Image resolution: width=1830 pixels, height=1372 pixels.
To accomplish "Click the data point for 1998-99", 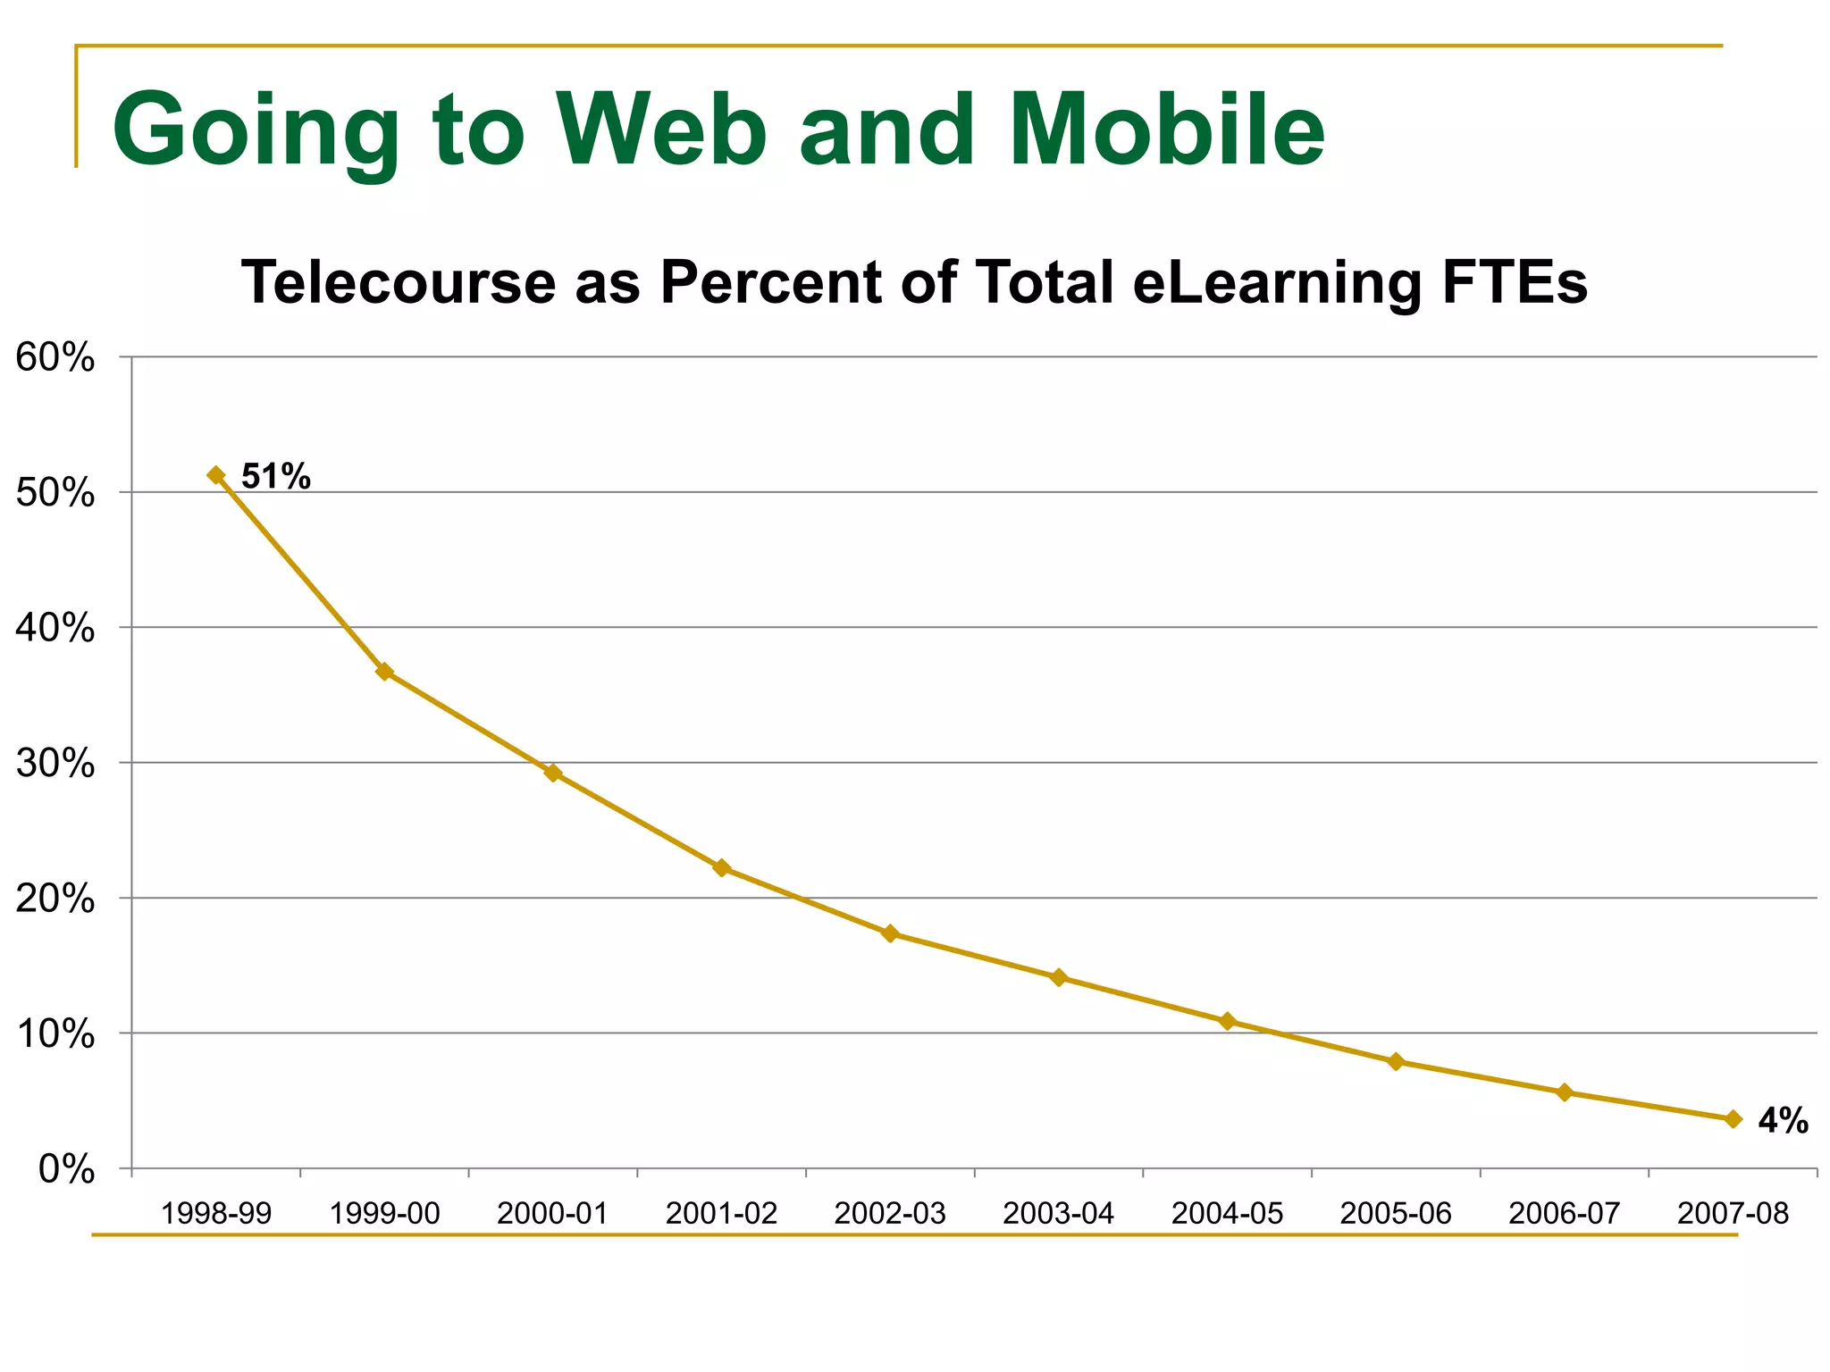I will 216,475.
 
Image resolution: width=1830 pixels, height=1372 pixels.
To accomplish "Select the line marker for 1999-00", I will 384,672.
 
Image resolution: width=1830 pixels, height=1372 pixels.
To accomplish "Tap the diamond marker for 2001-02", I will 722,867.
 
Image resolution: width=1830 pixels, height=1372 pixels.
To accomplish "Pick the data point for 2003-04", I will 1059,977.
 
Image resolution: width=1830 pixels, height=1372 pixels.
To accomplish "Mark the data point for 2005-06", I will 1396,1061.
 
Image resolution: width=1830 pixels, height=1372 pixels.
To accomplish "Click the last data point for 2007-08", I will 1733,1119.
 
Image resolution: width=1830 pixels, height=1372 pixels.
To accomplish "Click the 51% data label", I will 276,477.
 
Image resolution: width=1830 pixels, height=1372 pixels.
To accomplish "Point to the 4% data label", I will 1783,1121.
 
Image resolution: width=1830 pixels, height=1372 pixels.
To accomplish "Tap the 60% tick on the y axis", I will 55,358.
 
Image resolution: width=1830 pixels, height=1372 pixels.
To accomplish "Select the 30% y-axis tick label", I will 55,764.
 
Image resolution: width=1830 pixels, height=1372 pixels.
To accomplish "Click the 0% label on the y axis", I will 66,1169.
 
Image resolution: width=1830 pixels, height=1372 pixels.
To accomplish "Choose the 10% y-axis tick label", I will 55,1034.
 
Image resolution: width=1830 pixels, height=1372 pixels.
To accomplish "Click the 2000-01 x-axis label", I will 552,1214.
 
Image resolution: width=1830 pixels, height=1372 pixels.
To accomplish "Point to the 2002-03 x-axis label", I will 889,1214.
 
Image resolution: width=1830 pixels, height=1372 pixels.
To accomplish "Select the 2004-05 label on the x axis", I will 1227,1214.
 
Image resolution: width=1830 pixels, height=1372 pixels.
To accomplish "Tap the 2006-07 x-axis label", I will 1564,1214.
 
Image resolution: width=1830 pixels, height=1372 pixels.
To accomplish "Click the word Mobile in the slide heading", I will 1167,130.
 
